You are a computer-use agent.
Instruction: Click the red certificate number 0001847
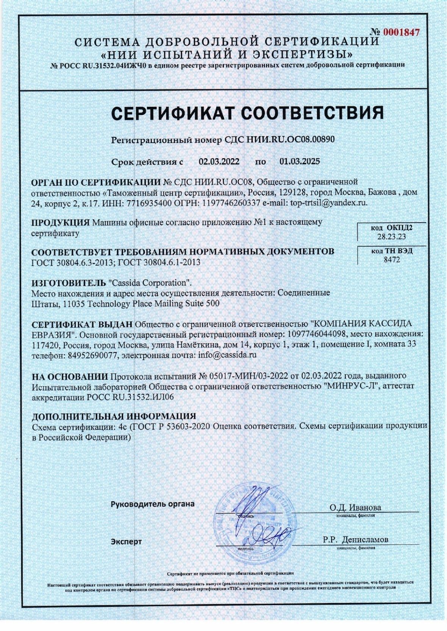(401, 32)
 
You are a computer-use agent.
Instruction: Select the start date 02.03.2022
(219, 162)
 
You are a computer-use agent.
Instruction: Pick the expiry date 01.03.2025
(300, 162)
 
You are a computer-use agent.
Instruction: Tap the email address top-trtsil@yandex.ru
(329, 203)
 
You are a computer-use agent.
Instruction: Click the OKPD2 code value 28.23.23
(391, 237)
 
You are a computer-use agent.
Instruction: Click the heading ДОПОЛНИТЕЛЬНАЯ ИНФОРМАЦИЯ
(114, 416)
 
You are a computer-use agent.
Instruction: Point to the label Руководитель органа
(152, 504)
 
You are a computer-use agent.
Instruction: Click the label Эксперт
(126, 542)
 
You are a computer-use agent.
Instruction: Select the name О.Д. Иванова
(355, 508)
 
